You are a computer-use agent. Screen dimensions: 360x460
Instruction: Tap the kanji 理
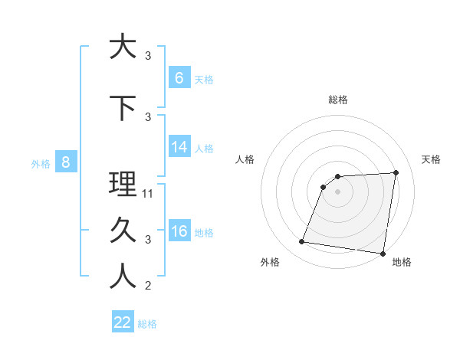point(123,184)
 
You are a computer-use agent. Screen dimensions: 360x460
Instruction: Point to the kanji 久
point(123,230)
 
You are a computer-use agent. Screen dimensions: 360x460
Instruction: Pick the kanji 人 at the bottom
point(123,276)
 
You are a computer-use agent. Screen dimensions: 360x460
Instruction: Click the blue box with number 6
point(179,77)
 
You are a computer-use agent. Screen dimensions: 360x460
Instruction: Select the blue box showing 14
point(179,147)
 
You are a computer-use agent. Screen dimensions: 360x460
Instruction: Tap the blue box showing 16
point(179,231)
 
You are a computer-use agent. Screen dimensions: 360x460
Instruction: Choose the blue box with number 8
point(66,162)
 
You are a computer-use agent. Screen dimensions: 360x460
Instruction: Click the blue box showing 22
point(123,322)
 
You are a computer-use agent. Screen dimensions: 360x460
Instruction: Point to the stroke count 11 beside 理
point(149,194)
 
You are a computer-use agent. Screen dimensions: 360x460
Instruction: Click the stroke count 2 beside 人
point(148,286)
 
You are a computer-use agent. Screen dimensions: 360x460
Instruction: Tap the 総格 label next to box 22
point(148,324)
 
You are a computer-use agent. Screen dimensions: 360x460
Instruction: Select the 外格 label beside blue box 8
point(41,163)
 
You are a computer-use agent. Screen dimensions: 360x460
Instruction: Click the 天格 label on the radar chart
point(431,159)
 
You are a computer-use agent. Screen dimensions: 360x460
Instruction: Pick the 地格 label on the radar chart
point(402,262)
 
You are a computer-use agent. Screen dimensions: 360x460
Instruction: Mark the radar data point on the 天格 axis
point(396,172)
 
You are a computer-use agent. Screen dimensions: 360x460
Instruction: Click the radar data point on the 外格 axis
point(302,242)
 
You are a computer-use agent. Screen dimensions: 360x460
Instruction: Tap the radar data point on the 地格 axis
point(383,254)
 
